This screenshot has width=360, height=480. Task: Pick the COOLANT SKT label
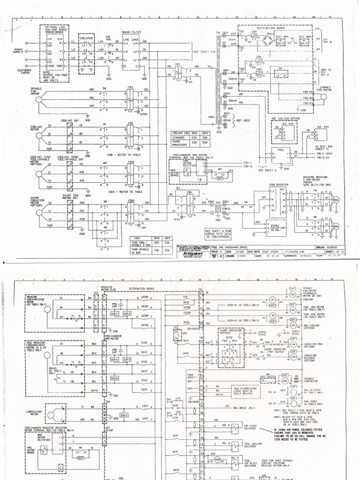coord(69,120)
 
